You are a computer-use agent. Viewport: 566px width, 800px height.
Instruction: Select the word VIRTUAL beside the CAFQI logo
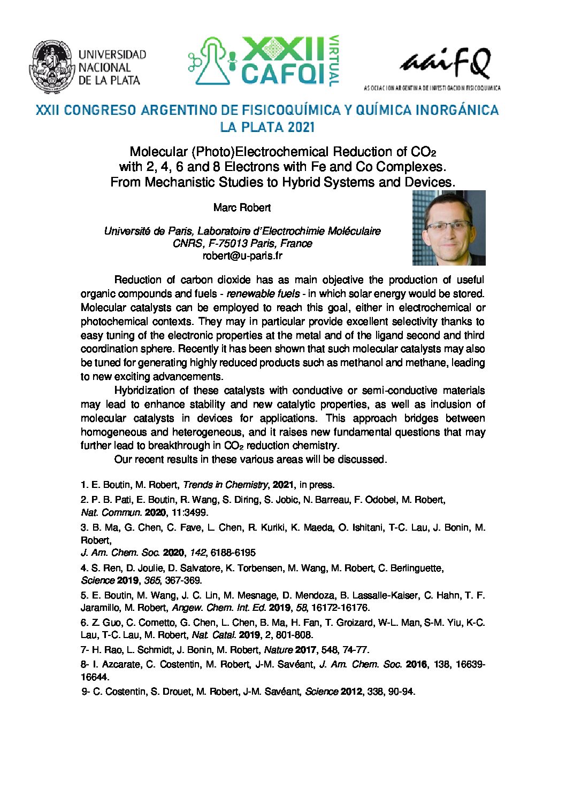coord(334,61)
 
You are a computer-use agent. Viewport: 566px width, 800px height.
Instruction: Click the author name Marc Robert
coord(242,207)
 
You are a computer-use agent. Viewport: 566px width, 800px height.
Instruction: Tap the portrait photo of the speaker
coord(448,228)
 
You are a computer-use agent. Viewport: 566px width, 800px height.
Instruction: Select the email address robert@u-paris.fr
coord(242,255)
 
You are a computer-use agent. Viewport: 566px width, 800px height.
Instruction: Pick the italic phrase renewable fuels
coord(263,294)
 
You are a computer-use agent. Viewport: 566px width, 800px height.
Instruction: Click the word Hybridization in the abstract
coord(144,391)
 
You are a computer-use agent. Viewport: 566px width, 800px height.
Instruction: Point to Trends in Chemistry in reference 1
coord(225,485)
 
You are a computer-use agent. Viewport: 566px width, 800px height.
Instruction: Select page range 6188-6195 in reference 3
coord(233,553)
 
